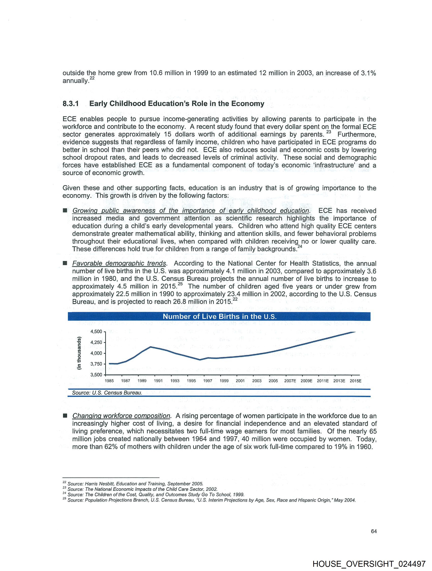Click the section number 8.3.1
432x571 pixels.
(x=70, y=104)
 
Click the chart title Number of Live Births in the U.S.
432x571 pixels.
(x=219, y=316)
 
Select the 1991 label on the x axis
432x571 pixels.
(x=158, y=381)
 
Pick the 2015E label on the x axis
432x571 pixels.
(x=355, y=381)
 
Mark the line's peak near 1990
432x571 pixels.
(x=151, y=347)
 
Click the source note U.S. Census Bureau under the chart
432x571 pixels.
(x=107, y=393)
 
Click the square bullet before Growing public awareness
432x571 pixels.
(x=65, y=211)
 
